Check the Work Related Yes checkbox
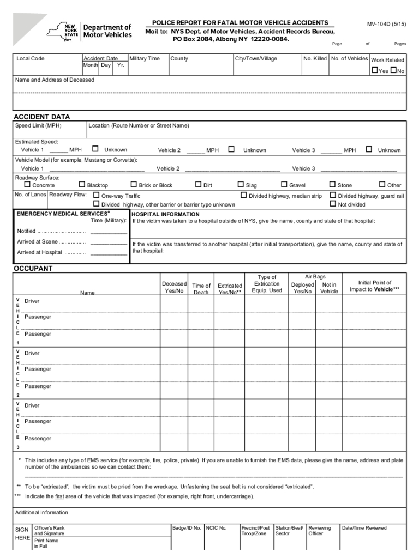[375, 71]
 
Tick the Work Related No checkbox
[393, 71]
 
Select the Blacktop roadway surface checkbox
[82, 185]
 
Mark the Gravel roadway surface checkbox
[284, 185]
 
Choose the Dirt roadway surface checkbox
[198, 185]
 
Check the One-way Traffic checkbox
[97, 195]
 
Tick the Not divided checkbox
[333, 204]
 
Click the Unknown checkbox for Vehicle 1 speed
[95, 149]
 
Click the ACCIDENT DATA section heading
[41, 117]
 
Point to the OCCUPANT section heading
[33, 269]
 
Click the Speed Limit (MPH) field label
[38, 126]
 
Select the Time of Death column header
[201, 289]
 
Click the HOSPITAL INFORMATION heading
[166, 214]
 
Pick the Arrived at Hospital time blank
[109, 253]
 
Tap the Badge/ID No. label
[187, 528]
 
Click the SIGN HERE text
[22, 533]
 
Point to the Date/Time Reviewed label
[364, 528]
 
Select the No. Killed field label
[315, 58]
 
